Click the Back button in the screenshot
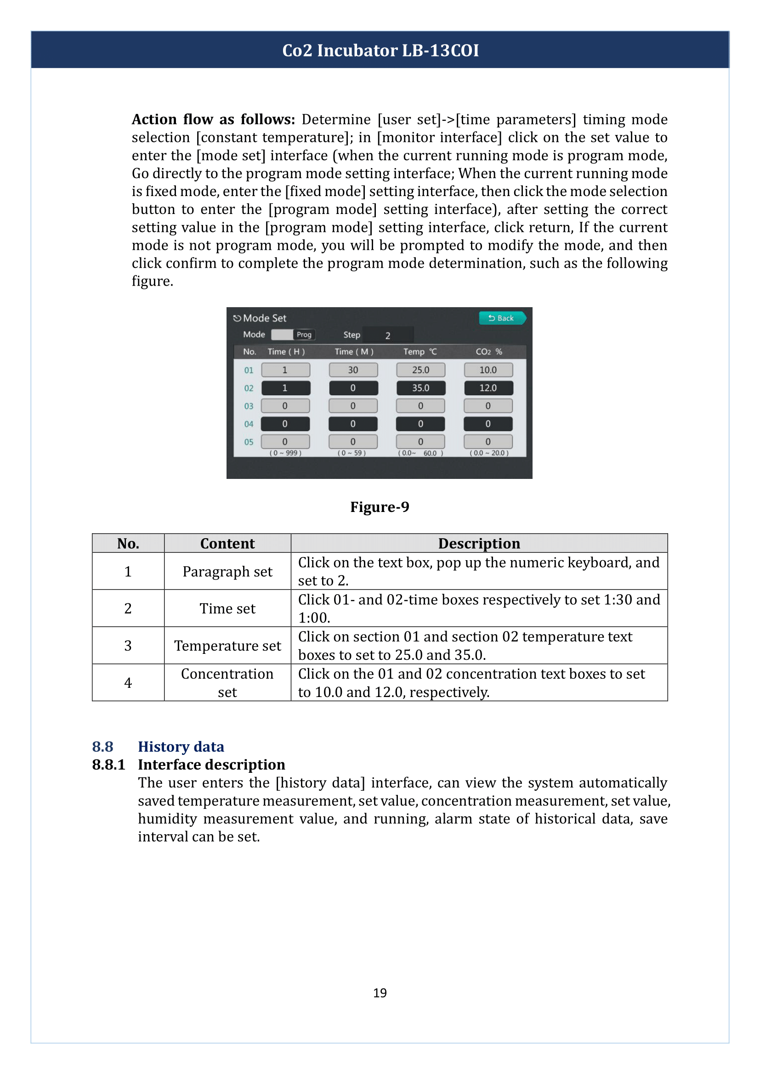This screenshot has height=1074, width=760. click(x=502, y=318)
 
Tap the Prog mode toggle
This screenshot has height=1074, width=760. click(x=294, y=334)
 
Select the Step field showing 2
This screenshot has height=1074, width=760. click(x=387, y=335)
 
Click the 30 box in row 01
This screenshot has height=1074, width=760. click(x=353, y=370)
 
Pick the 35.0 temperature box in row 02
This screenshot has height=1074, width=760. click(x=420, y=388)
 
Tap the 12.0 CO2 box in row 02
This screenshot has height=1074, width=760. click(x=488, y=388)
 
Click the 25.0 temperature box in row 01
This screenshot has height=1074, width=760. click(x=420, y=370)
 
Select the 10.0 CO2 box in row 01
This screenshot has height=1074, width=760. click(x=488, y=370)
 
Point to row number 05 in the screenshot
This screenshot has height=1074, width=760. click(x=249, y=442)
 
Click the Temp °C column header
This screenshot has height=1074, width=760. click(x=420, y=352)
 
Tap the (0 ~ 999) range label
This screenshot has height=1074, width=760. click(x=285, y=453)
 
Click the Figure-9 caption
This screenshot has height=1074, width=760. click(x=380, y=507)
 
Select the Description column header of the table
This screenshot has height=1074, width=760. click(x=479, y=544)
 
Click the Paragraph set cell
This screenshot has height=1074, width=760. click(x=227, y=572)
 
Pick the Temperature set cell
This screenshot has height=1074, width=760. click(x=227, y=646)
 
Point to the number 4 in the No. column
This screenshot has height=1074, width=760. click(x=128, y=683)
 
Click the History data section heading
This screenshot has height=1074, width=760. click(x=181, y=747)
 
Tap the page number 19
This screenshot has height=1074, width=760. click(x=380, y=993)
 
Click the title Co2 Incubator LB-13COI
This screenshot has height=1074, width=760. click(x=380, y=51)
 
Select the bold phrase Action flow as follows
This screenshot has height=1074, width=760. click(x=213, y=120)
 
